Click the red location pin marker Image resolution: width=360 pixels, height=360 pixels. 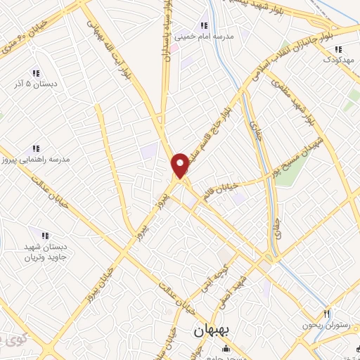181,165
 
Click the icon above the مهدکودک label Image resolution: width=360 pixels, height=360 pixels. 338,49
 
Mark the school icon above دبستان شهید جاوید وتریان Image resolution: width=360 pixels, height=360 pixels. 45,235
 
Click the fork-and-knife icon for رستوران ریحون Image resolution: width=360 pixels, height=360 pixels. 326,312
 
